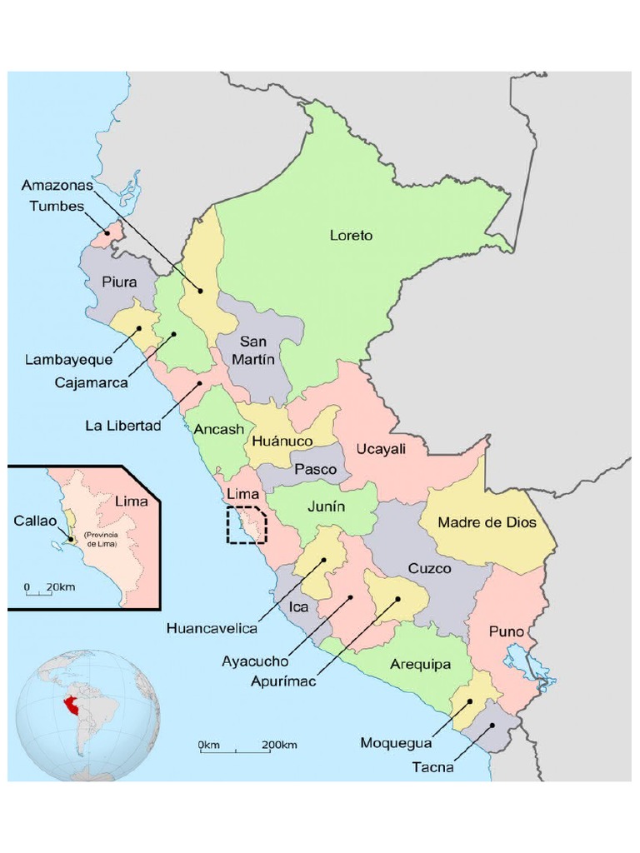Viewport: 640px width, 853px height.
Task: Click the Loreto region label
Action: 351,236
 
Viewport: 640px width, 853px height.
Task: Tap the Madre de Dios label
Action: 486,522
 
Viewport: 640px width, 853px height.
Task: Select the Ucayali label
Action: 381,449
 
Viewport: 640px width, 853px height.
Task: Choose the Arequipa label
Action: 420,665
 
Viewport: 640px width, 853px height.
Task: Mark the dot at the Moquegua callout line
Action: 471,701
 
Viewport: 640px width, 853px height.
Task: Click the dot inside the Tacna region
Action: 492,726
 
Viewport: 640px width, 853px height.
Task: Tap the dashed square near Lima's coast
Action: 247,525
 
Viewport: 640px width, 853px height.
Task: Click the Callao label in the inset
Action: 35,520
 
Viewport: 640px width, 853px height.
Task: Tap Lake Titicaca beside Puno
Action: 532,670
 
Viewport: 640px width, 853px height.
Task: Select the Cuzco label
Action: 429,569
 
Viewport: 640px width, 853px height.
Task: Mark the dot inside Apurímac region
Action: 397,598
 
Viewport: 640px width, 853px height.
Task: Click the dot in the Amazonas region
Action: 200,290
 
